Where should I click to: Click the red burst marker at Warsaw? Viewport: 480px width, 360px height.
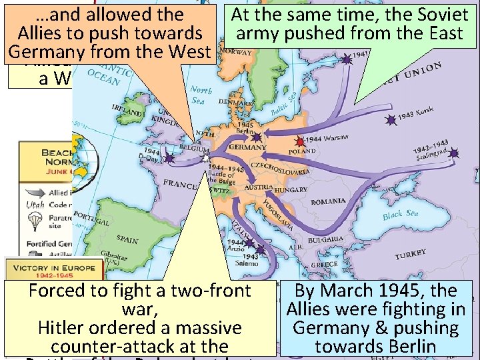pyautogui.click(x=300, y=141)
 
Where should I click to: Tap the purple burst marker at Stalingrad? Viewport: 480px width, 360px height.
pyautogui.click(x=454, y=153)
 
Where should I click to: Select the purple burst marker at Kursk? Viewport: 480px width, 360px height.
pyautogui.click(x=390, y=121)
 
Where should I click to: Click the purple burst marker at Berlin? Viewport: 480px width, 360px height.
pyautogui.click(x=255, y=137)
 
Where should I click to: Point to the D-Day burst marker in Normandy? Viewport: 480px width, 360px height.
pyautogui.click(x=169, y=159)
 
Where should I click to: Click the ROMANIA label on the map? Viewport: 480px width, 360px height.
pyautogui.click(x=328, y=202)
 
